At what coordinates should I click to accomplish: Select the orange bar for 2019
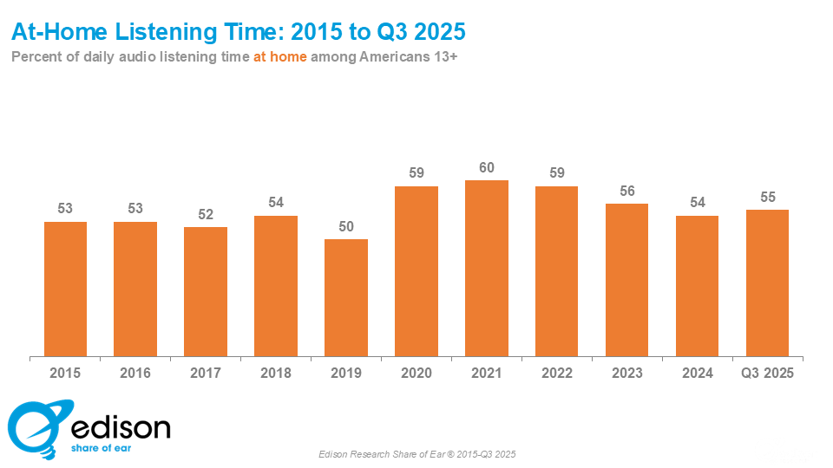point(346,297)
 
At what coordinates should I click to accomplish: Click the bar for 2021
point(487,268)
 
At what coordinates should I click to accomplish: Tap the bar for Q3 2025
point(767,283)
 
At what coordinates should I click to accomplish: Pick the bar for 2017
point(206,291)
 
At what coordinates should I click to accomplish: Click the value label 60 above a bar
point(487,167)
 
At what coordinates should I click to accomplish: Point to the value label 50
point(346,226)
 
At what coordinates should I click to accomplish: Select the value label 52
point(206,214)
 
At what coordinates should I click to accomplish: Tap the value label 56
point(626,191)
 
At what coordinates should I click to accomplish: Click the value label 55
point(767,197)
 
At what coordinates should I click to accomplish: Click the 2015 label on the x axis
point(65,373)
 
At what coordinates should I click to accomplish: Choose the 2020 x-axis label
point(416,373)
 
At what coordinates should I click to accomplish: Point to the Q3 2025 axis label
point(767,373)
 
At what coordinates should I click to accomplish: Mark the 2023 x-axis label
point(626,373)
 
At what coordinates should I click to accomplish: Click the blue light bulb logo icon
point(33,427)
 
